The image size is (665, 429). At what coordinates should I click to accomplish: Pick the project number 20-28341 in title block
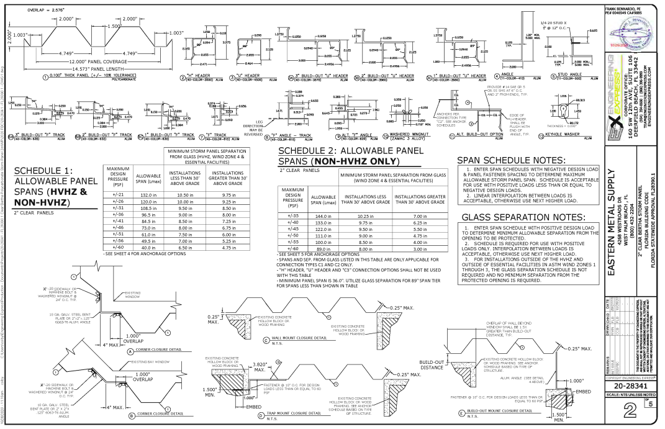click(x=630, y=386)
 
